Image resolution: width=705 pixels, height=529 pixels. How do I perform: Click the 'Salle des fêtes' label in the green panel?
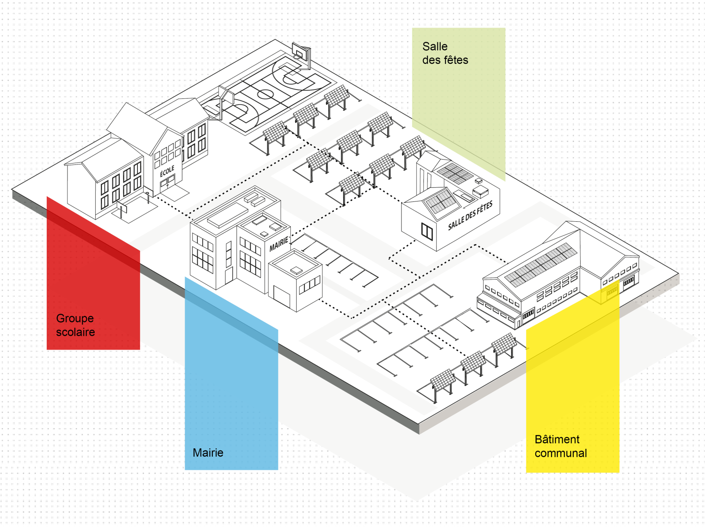[x=445, y=53]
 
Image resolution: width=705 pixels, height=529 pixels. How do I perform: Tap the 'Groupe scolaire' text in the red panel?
[x=75, y=325]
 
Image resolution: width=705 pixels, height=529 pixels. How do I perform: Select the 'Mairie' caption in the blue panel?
[x=208, y=453]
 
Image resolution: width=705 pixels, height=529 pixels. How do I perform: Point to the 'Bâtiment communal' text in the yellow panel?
[x=560, y=446]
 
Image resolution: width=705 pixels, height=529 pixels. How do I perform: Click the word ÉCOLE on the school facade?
[x=167, y=171]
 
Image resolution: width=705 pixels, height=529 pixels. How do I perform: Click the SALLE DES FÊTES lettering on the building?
[x=470, y=216]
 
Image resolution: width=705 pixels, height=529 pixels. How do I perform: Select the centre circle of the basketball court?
[x=265, y=94]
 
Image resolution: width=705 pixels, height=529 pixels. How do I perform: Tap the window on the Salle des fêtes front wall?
[x=427, y=231]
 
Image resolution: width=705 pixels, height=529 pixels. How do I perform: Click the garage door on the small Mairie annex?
[x=282, y=296]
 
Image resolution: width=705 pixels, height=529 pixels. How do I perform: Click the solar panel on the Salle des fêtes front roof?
[x=441, y=202]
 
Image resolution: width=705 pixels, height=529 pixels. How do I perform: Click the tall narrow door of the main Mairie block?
[x=229, y=275]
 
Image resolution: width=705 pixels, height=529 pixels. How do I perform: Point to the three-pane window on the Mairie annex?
[x=310, y=285]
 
